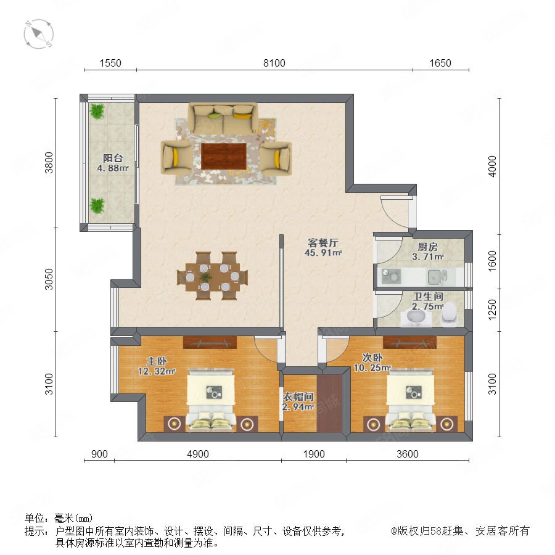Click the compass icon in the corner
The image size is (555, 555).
click(x=39, y=34)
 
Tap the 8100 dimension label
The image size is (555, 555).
click(x=274, y=63)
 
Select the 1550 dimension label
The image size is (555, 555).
click(x=110, y=63)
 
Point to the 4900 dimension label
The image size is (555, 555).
click(x=198, y=454)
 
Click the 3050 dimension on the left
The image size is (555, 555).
click(x=49, y=279)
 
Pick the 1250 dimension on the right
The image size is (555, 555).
click(x=492, y=310)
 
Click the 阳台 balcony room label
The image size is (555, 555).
click(x=113, y=158)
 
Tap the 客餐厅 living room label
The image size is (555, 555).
click(x=323, y=243)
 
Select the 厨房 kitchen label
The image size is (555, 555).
click(x=427, y=247)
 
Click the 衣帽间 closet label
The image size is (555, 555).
click(x=298, y=397)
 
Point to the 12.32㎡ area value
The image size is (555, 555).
click(x=157, y=371)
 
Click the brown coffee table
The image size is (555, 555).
click(x=224, y=156)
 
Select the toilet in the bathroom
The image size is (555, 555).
click(x=450, y=313)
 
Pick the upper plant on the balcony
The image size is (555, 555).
click(x=97, y=111)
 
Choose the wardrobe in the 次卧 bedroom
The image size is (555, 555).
click(x=409, y=342)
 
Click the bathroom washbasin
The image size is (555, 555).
click(x=417, y=316)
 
